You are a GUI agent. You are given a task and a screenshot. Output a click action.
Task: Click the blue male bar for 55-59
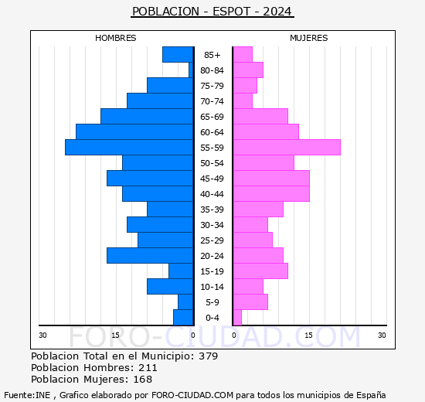coord(129,147)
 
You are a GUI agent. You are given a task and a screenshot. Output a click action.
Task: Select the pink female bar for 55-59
coord(287,147)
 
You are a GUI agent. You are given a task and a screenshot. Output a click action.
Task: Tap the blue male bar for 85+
coord(178,54)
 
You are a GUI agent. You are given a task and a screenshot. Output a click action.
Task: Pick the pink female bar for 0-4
coord(237,317)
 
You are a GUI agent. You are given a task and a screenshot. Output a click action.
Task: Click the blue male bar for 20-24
coord(150,255)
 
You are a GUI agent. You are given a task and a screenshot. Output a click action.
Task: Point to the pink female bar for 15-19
coord(260,271)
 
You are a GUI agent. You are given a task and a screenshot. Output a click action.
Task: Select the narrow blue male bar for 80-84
coord(191,70)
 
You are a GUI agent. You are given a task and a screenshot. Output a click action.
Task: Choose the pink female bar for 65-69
coord(260,116)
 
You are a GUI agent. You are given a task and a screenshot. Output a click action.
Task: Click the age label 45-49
coord(212,179)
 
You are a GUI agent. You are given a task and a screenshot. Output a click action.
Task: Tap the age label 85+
coord(212,55)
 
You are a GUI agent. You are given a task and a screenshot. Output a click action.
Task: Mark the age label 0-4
coord(212,318)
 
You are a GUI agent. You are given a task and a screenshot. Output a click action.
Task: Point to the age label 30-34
coord(212,225)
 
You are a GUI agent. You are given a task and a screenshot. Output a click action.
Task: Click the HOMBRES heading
coord(116,38)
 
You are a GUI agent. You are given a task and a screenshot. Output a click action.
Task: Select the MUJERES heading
coord(308,38)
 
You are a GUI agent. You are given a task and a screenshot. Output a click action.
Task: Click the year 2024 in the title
coord(277,12)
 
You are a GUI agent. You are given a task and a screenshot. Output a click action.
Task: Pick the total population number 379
coord(208,356)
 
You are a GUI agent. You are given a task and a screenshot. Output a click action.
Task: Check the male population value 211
coord(148,368)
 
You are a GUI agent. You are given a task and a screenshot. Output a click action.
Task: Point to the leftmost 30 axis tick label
coord(43,335)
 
